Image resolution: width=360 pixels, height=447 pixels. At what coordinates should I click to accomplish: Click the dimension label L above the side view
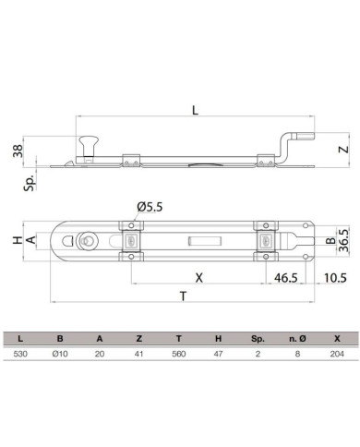[x=195, y=110]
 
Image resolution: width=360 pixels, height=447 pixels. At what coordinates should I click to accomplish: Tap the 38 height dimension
[x=18, y=151]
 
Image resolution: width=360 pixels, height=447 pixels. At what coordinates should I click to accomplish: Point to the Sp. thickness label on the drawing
[x=30, y=183]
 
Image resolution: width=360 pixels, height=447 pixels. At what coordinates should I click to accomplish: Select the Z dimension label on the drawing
[x=343, y=150]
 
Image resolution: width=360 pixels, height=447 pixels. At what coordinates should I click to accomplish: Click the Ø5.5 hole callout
[x=150, y=207]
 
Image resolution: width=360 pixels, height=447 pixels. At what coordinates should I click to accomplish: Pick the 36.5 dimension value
[x=343, y=240]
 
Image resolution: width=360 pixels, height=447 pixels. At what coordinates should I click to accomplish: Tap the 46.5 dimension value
[x=286, y=278]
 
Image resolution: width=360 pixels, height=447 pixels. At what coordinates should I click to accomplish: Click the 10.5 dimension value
[x=335, y=278]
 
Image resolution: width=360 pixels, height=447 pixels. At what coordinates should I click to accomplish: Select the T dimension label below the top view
[x=183, y=296]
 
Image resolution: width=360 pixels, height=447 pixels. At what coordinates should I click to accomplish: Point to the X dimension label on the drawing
[x=199, y=278]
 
